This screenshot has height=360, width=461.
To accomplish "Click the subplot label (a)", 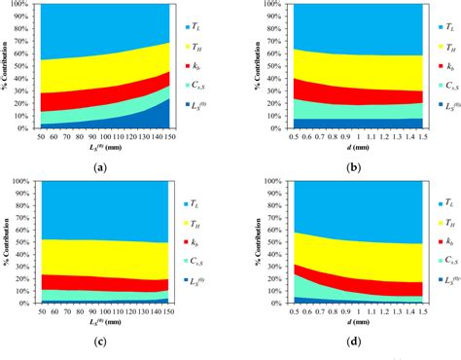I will (x=100, y=167).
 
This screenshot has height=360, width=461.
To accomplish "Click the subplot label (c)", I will (x=100, y=342).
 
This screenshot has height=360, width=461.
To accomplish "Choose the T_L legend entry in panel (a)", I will (x=195, y=40).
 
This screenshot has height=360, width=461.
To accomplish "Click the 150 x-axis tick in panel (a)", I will (x=170, y=137).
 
